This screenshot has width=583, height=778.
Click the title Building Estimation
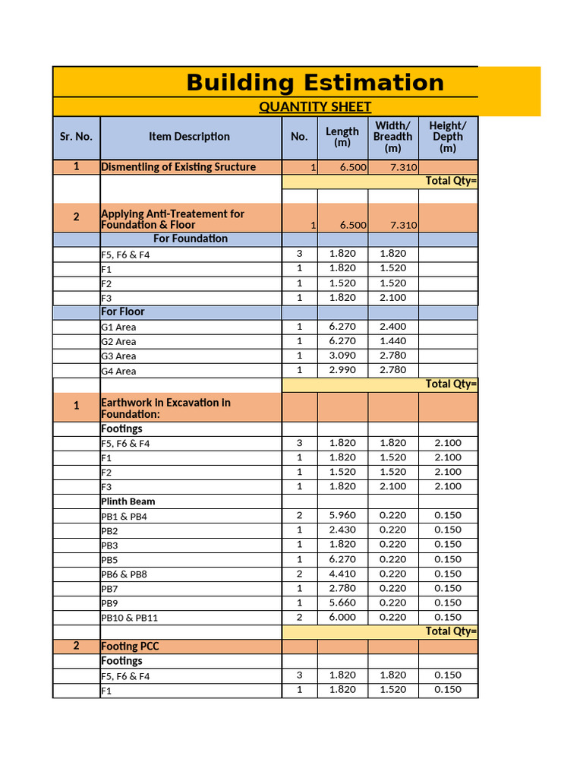(x=315, y=82)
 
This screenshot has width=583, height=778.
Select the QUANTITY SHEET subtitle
(x=315, y=107)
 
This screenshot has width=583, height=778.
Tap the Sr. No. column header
(x=76, y=137)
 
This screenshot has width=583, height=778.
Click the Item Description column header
(x=189, y=137)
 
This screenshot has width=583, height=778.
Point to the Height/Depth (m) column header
(x=448, y=137)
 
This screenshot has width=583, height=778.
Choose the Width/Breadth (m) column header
(x=392, y=137)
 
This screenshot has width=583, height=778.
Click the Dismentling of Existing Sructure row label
(x=178, y=167)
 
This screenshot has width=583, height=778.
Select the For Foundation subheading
(x=190, y=239)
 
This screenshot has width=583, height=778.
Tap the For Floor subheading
(x=122, y=312)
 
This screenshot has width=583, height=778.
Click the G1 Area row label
(x=118, y=327)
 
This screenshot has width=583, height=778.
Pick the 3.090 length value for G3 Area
(x=342, y=356)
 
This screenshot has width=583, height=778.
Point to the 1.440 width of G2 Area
(x=392, y=341)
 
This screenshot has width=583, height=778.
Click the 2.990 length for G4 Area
(x=342, y=370)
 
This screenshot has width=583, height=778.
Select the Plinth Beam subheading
(x=128, y=501)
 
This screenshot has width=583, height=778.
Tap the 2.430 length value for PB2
(x=342, y=530)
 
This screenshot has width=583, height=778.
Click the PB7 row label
(x=109, y=589)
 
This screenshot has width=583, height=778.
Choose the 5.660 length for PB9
(x=342, y=603)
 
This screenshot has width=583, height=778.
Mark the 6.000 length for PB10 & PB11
(x=342, y=618)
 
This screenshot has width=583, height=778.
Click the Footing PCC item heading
(x=130, y=647)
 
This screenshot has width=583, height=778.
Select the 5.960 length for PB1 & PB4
(x=342, y=516)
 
